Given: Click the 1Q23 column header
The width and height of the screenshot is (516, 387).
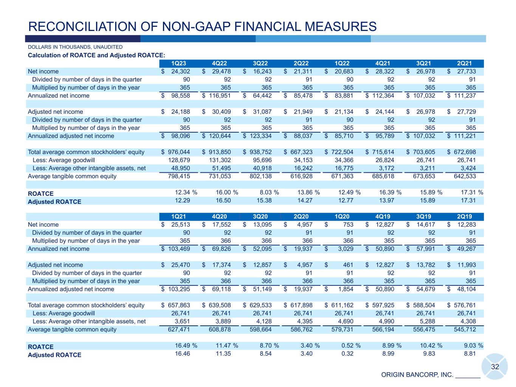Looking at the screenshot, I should (178, 63).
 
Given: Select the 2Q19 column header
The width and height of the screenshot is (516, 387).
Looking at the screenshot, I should (464, 217).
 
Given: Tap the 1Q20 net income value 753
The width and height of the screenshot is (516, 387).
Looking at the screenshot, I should (348, 225).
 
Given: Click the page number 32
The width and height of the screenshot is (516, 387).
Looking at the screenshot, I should (495, 367).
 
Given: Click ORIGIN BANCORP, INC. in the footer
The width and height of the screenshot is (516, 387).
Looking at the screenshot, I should (417, 375).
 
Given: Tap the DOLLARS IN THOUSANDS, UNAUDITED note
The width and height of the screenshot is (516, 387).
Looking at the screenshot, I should (75, 47).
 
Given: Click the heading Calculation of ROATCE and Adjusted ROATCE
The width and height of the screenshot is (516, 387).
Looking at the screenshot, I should (96, 56).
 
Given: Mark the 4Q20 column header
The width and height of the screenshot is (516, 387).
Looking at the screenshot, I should (219, 217).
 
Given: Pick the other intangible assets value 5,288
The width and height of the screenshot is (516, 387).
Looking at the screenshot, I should (427, 322).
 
